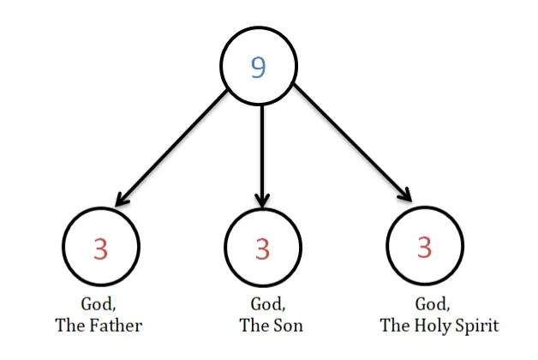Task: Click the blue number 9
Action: tap(259, 67)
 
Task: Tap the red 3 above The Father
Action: tap(100, 249)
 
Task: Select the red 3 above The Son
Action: tap(262, 249)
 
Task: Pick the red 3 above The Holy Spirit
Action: tap(424, 247)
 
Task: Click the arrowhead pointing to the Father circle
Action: tap(121, 200)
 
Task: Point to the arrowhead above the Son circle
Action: tap(262, 201)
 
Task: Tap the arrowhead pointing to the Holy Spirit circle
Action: tap(405, 195)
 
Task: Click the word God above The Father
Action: tap(98, 304)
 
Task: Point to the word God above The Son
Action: tap(267, 304)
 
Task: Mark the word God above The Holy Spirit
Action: tap(433, 304)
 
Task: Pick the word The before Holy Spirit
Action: tap(395, 326)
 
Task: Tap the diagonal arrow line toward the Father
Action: tap(171, 147)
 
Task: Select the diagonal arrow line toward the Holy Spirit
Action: tap(353, 143)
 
